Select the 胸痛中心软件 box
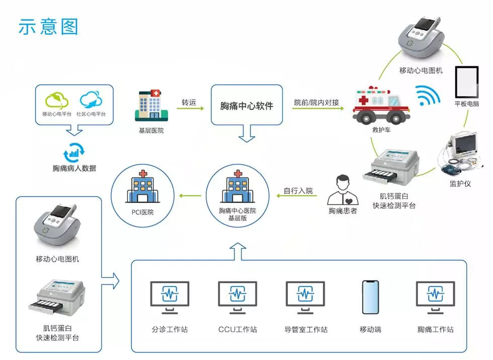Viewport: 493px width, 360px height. click(247, 106)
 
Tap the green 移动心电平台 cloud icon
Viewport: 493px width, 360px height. click(56, 100)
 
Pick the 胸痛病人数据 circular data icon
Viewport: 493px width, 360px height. click(74, 151)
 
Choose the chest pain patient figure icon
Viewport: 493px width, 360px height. click(343, 191)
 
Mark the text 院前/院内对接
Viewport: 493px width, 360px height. click(317, 103)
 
